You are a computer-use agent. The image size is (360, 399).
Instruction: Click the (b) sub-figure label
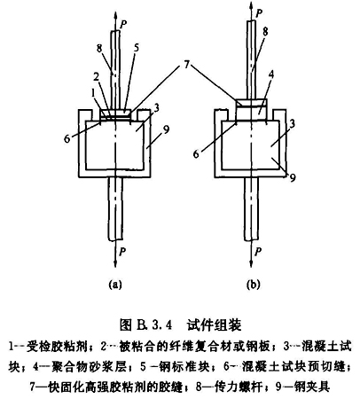tap(253, 285)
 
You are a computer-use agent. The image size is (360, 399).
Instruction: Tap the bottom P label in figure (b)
tap(258, 252)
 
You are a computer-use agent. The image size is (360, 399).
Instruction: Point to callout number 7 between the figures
tap(186, 65)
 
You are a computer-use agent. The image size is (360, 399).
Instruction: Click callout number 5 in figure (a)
tap(137, 48)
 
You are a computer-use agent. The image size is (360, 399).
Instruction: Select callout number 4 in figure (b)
tap(271, 74)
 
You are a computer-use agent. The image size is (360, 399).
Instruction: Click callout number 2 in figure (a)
tap(96, 77)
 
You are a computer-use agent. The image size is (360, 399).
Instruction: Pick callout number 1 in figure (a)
tap(94, 93)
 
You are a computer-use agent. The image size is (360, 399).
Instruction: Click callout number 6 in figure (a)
tap(67, 138)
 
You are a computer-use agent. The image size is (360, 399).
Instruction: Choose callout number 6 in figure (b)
tap(196, 154)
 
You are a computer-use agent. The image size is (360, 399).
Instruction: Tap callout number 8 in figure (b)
tap(265, 32)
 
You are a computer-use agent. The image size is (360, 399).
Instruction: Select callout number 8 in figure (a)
tap(99, 48)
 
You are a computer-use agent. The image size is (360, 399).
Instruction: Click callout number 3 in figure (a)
tap(157, 108)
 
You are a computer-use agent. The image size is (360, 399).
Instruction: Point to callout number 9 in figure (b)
tap(293, 178)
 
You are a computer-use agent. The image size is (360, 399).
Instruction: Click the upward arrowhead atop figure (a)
tap(115, 15)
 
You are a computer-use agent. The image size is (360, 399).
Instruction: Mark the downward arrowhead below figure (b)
tap(251, 262)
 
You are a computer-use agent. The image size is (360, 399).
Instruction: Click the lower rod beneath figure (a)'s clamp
tap(115, 208)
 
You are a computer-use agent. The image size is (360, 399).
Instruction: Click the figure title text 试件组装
tap(215, 325)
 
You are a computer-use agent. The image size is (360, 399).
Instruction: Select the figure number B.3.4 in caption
tap(154, 325)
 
